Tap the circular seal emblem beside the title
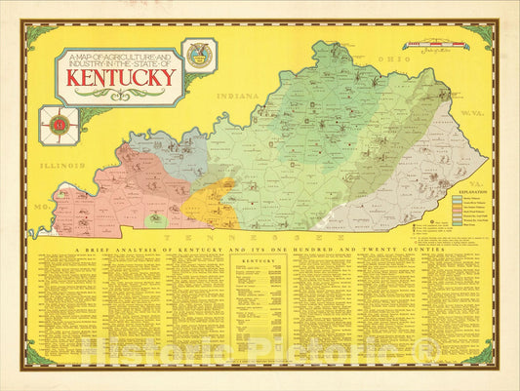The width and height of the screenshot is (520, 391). (x=200, y=56)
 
